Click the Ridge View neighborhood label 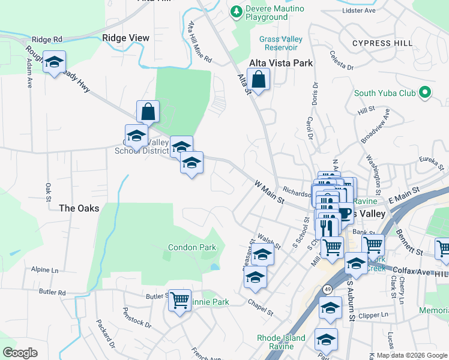[125, 38]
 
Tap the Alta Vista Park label [282, 62]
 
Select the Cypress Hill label [382, 44]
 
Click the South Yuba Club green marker [426, 93]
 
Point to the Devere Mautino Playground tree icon [237, 11]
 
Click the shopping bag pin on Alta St [258, 80]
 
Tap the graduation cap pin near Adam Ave [54, 62]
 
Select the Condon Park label [191, 247]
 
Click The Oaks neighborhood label [79, 208]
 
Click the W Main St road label [268, 191]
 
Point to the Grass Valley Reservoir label [281, 43]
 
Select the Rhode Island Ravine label [281, 342]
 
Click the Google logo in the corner [20, 353]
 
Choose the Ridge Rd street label [47, 40]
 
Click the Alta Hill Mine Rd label [200, 43]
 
